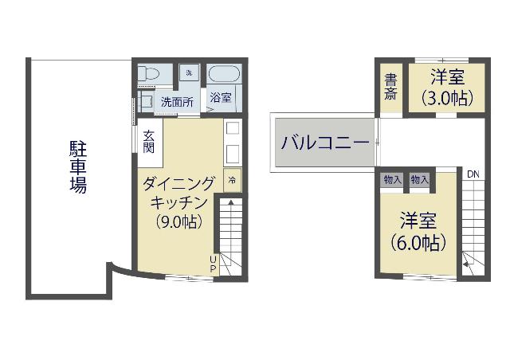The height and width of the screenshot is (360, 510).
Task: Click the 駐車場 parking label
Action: pos(78,166)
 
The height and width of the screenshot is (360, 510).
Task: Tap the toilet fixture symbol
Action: pos(148,75)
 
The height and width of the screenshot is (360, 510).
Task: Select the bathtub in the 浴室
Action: pos(224,75)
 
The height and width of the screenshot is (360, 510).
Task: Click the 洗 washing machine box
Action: pos(190,73)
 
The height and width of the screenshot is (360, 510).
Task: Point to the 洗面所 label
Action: pos(177,103)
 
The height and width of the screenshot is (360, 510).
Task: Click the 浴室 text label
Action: pos(221,97)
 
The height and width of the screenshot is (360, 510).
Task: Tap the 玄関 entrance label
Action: pos(149,142)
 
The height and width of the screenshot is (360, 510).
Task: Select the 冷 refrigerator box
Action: pos(232,180)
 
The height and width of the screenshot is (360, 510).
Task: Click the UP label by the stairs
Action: pos(213,264)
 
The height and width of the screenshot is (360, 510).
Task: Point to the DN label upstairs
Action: pos(473,174)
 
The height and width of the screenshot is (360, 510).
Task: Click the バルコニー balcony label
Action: pos(325,143)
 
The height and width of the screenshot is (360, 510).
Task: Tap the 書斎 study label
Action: pos(390,87)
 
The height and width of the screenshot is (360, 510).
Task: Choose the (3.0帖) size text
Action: pos(446,98)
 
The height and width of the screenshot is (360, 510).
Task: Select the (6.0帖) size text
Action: pos(418,243)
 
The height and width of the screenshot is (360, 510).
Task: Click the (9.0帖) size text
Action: pos(178,222)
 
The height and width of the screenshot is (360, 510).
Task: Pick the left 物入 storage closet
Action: pos(393,179)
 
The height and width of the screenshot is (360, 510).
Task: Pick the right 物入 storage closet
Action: pos(419,179)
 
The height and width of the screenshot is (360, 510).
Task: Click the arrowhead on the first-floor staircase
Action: pos(230,202)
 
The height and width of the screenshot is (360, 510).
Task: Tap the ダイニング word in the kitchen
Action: pos(178,185)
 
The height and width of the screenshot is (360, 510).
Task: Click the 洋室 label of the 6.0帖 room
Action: pos(418,221)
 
